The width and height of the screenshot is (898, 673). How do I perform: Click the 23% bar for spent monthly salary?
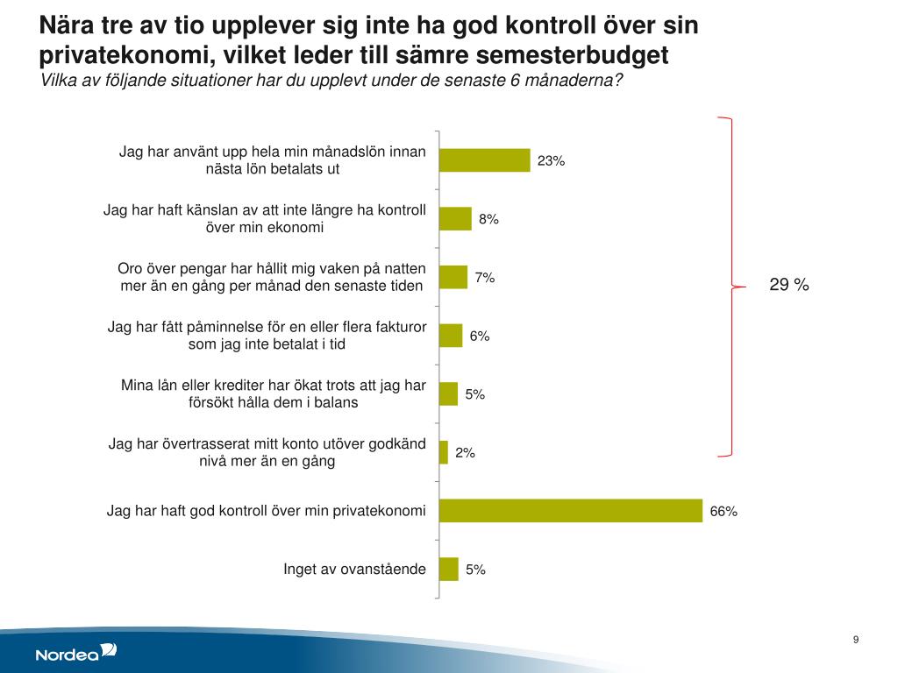[484, 160]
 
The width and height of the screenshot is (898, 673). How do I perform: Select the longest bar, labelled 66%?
[570, 511]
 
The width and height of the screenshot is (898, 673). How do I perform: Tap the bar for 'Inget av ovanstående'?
[448, 569]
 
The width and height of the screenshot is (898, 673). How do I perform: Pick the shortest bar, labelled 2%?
[443, 452]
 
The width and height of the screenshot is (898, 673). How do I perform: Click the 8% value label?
[488, 219]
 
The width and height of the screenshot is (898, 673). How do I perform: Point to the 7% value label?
[485, 278]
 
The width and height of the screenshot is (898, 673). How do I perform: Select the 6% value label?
[479, 336]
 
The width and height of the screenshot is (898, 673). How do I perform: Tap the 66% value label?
[723, 511]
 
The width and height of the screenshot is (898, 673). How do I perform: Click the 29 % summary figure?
[788, 285]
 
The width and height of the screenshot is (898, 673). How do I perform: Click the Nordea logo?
[75, 653]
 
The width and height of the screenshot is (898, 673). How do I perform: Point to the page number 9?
[855, 640]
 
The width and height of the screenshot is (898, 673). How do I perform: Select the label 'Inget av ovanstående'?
[354, 570]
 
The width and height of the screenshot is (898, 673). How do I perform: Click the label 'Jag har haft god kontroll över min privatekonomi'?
[266, 510]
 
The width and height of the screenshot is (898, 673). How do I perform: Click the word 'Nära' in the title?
[69, 26]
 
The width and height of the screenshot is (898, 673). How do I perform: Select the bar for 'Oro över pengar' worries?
[453, 277]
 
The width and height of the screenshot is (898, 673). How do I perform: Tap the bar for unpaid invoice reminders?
[450, 336]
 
